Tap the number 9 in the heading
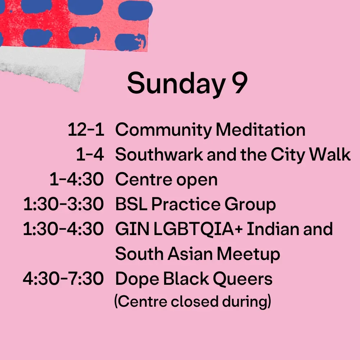coord(239,83)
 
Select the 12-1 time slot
coord(86,130)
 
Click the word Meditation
coord(261,130)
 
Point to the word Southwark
coord(159,154)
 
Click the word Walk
coord(330,154)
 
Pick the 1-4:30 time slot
coord(77,179)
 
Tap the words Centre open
coord(166,180)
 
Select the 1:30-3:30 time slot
coord(63,204)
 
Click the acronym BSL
coord(131,204)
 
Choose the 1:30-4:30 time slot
coord(63,229)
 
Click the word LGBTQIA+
coord(198,229)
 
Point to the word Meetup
coord(248,255)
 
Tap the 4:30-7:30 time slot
coord(63,279)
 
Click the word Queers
coord(243,279)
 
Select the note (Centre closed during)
coord(193,301)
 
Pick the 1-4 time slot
coord(90,154)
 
